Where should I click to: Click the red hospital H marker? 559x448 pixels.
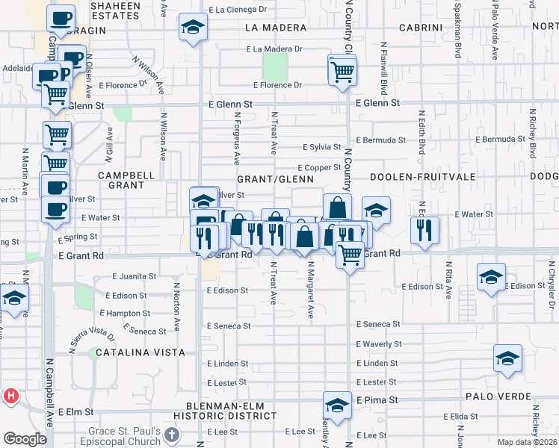coord(11,396)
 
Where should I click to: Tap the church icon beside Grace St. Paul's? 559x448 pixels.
coord(173,435)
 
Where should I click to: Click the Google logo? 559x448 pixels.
coord(25,439)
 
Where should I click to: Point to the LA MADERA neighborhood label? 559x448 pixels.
coord(277,28)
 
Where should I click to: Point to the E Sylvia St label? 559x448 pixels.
coord(322,147)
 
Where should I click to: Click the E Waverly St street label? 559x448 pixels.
coord(379,344)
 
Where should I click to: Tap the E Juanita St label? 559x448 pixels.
coord(135,276)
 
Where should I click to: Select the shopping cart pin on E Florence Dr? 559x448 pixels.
coord(342,71)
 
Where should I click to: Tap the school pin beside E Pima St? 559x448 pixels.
coord(337,405)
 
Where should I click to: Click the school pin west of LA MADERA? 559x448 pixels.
coord(193,27)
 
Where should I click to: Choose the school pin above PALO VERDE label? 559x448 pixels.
coord(507,358)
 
